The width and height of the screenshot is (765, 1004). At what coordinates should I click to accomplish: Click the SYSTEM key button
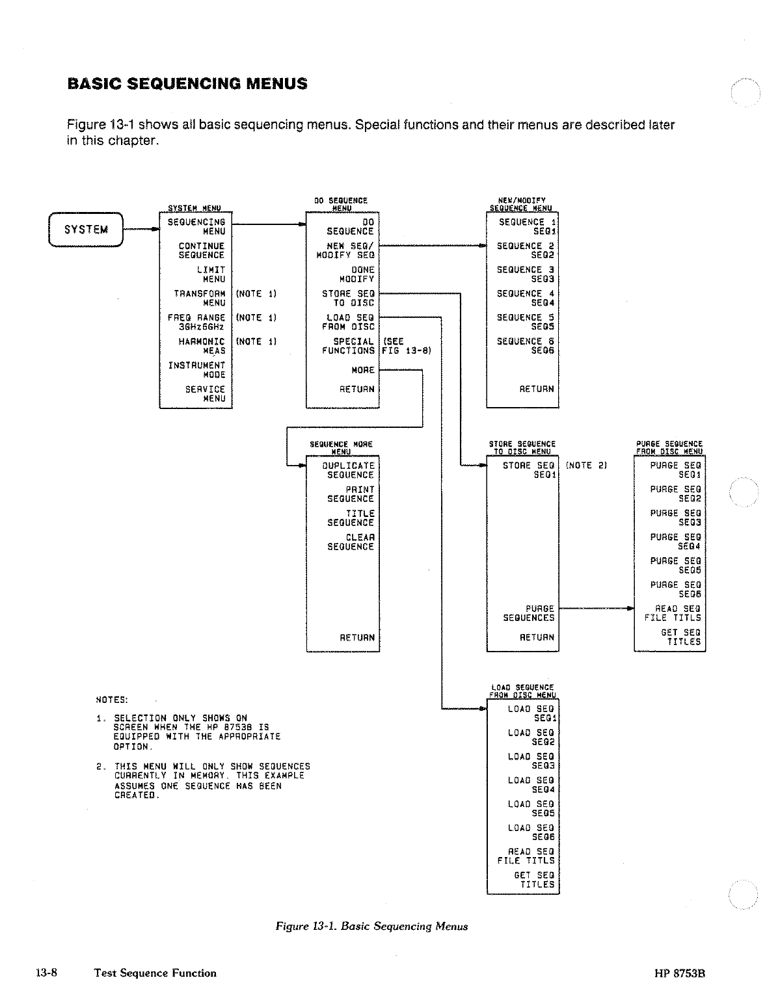[x=86, y=230]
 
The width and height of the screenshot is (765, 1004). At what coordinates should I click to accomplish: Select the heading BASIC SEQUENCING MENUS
[x=187, y=84]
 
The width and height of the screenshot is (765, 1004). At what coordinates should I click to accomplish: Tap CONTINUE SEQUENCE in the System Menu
[x=201, y=251]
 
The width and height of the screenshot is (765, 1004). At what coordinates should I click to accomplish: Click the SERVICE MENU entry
[x=205, y=394]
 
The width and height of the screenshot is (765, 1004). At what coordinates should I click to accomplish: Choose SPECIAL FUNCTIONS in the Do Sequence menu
[x=348, y=346]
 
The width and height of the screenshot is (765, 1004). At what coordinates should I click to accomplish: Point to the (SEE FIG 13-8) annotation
[x=406, y=346]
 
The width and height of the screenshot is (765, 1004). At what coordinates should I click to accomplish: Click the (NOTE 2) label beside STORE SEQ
[x=586, y=466]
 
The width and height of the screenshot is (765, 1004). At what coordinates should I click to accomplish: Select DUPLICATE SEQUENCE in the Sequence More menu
[x=349, y=470]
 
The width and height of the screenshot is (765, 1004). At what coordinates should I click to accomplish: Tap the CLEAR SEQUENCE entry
[x=351, y=542]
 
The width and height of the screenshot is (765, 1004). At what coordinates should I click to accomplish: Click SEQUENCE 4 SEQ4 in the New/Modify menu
[x=525, y=298]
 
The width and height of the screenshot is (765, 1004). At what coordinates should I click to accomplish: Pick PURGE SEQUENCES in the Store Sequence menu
[x=529, y=613]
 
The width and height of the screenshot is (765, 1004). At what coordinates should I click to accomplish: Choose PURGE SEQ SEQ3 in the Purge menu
[x=675, y=518]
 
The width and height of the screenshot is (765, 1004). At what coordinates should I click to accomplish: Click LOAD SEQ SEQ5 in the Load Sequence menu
[x=531, y=808]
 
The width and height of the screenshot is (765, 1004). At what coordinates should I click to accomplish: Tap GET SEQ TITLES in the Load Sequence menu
[x=533, y=880]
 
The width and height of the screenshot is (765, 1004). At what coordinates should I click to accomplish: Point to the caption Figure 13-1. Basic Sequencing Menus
[x=371, y=926]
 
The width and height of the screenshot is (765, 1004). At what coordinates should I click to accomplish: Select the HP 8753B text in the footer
[x=680, y=973]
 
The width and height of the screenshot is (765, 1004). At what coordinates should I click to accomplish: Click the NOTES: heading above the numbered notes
[x=112, y=700]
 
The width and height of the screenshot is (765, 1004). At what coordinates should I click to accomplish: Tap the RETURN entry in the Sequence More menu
[x=356, y=638]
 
